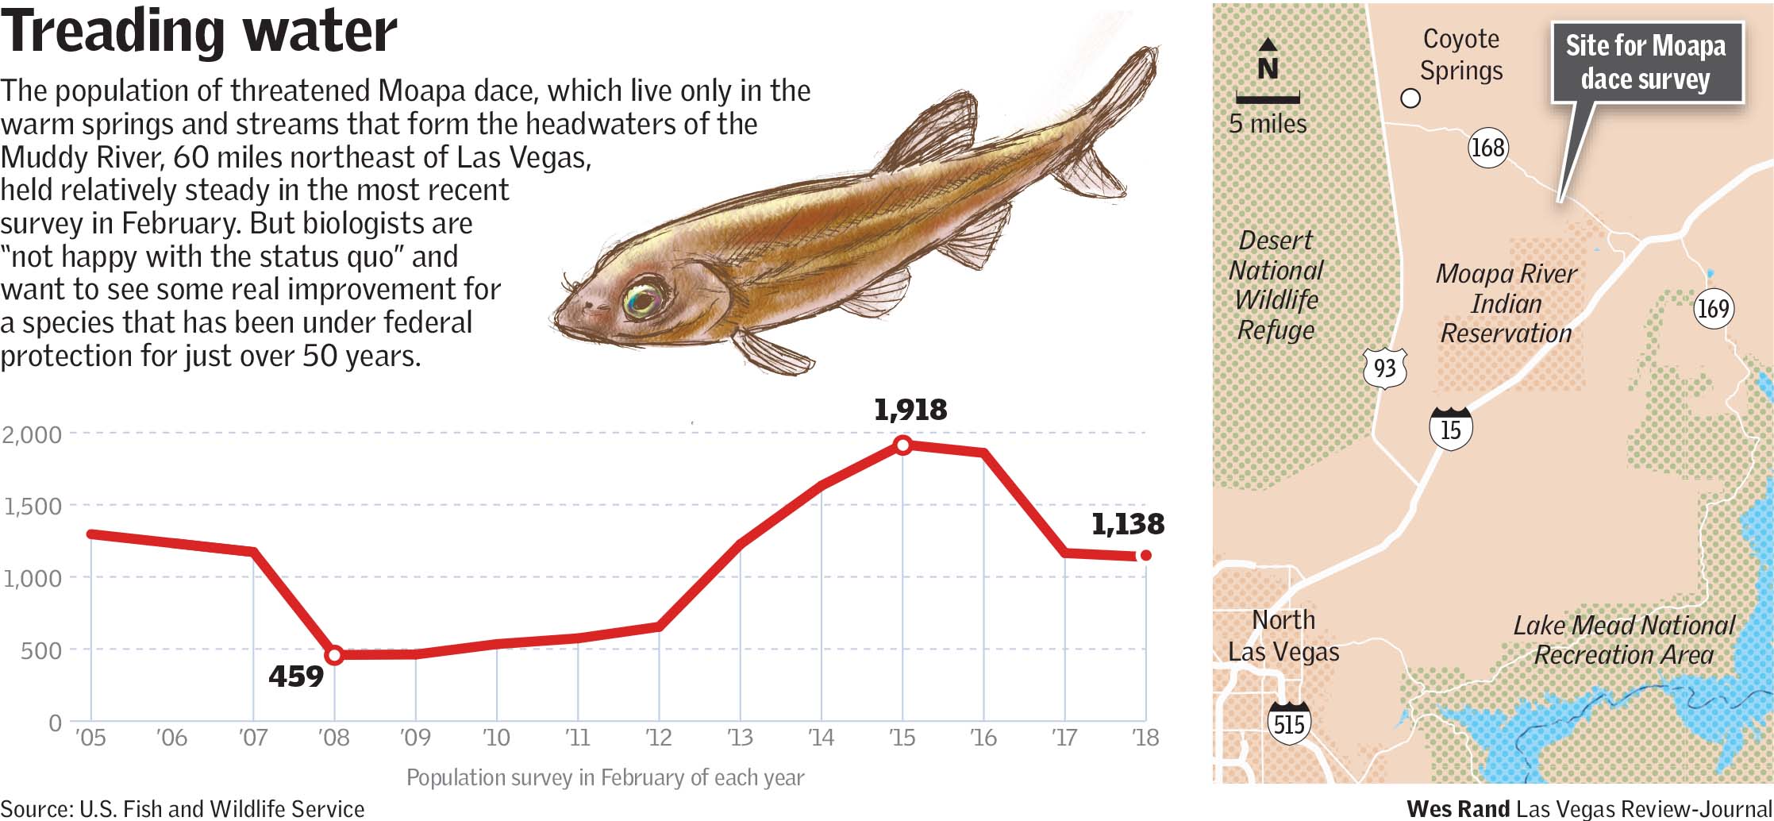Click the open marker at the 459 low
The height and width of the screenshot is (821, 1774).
tap(334, 655)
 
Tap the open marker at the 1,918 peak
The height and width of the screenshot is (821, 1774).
tap(902, 445)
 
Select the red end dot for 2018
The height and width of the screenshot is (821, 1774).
tap(1145, 556)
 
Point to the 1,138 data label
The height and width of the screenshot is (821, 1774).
tap(1127, 524)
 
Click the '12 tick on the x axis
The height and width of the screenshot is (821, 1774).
tap(659, 738)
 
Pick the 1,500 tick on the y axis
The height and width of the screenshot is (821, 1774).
tap(33, 507)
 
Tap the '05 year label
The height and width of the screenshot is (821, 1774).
tap(90, 738)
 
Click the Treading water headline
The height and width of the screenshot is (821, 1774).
tap(198, 32)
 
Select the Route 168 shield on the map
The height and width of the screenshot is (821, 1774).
tap(1487, 148)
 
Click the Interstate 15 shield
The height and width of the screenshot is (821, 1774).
tap(1450, 429)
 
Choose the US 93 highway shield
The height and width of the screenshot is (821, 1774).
tap(1385, 368)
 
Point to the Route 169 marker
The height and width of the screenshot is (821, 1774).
tap(1713, 308)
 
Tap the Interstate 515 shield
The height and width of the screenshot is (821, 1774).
tap(1288, 723)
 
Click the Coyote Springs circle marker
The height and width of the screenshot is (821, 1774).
tap(1410, 98)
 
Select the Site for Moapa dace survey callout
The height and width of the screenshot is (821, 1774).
tap(1646, 63)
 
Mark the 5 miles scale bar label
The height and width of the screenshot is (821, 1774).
tap(1268, 124)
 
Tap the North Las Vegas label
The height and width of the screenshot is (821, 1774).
tap(1283, 635)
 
